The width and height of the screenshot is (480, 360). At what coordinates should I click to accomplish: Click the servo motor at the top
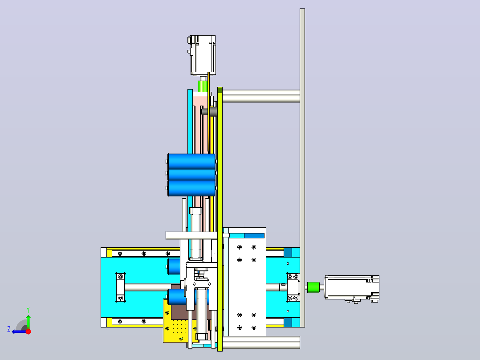point(202,55)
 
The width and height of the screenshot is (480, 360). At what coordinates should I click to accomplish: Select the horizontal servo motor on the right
point(352,289)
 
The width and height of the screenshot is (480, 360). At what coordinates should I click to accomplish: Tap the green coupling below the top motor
point(202,86)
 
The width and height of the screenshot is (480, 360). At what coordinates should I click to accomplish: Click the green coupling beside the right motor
point(313,287)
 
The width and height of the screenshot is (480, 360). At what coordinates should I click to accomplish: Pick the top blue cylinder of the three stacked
point(191,161)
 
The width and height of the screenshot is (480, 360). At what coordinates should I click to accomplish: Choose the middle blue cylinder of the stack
point(191,174)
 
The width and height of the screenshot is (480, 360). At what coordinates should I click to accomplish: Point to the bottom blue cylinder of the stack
point(191,188)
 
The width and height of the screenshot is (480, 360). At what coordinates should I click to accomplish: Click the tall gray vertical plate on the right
point(302,168)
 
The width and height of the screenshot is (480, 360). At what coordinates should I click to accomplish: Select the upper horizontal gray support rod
point(261,96)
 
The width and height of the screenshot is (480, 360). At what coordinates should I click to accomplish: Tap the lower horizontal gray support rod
point(261,343)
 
